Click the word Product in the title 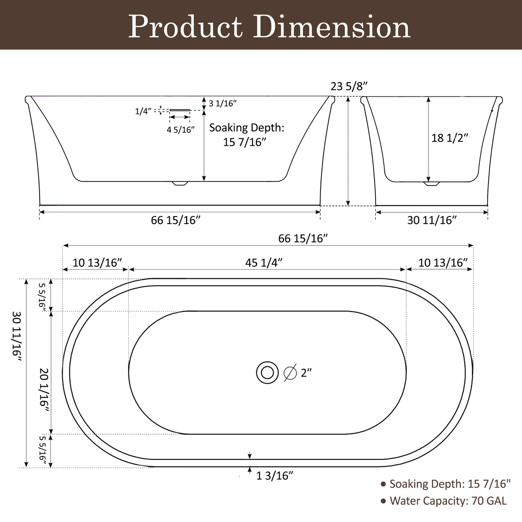click(x=185, y=27)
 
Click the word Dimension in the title click(x=331, y=27)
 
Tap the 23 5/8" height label click(x=349, y=87)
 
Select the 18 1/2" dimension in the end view click(x=450, y=138)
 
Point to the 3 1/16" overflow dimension click(x=223, y=103)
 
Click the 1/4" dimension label click(x=143, y=111)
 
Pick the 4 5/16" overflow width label click(x=181, y=130)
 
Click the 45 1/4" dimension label click(x=264, y=262)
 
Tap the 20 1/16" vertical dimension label click(x=44, y=391)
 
